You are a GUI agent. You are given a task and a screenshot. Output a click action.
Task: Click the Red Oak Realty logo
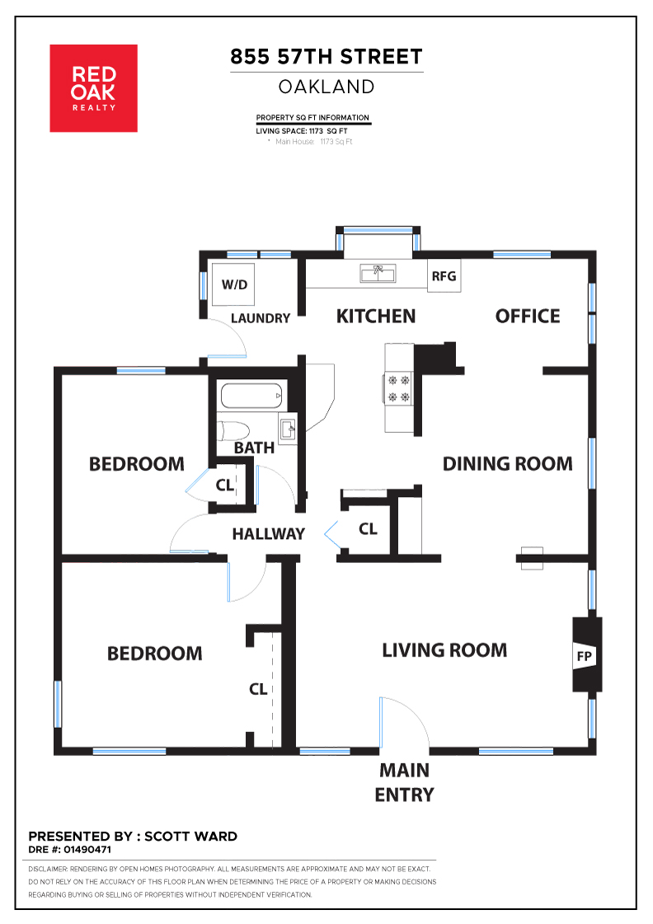94,88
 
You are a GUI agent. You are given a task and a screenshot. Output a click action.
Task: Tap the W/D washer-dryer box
234,284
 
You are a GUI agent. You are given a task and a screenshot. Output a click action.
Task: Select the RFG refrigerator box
444,276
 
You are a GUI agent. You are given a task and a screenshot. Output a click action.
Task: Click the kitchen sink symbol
378,274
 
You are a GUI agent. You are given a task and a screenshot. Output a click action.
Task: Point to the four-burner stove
397,389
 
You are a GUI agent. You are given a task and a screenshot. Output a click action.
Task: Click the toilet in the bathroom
233,431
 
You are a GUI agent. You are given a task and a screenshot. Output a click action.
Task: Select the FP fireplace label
584,656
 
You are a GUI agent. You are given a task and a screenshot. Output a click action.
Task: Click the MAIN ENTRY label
404,782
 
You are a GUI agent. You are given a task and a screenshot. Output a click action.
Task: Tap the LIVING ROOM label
444,650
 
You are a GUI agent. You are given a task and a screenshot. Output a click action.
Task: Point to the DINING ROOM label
507,464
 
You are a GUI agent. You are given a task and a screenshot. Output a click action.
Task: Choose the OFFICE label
528,317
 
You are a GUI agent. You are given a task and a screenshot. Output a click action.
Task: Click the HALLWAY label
268,534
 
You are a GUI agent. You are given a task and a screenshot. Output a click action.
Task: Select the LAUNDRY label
261,318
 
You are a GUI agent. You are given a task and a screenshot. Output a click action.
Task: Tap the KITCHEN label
376,317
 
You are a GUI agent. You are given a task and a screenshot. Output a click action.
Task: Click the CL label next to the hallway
368,529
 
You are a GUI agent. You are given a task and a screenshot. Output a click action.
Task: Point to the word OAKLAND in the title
326,87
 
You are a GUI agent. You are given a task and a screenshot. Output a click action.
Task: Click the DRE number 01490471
87,850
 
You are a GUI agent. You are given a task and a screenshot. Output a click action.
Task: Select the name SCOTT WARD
191,836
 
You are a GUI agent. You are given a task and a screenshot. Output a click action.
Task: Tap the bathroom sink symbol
288,429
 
